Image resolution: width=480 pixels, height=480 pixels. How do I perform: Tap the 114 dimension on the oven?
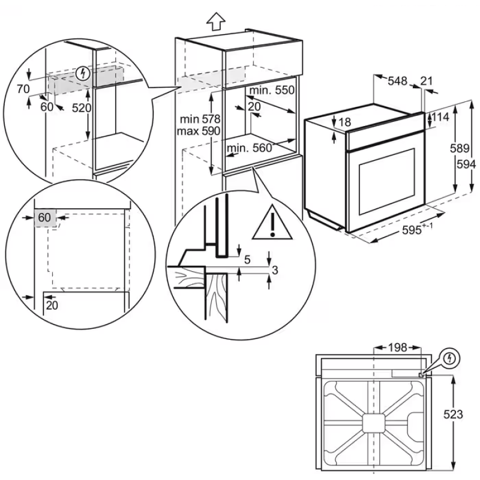[440, 118]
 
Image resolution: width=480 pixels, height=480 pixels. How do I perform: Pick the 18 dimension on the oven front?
[344, 122]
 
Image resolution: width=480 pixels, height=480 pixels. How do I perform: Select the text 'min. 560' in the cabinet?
[250, 148]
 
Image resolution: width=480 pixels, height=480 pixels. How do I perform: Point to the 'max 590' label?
[199, 131]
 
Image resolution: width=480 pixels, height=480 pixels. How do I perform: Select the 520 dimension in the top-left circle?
[81, 109]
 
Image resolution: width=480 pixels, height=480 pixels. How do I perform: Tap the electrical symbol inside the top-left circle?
[83, 74]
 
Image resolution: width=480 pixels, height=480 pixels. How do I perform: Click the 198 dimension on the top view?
[397, 347]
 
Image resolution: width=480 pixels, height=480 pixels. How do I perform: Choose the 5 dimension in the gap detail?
[248, 259]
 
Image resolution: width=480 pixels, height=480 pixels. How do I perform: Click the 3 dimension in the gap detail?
[275, 270]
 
